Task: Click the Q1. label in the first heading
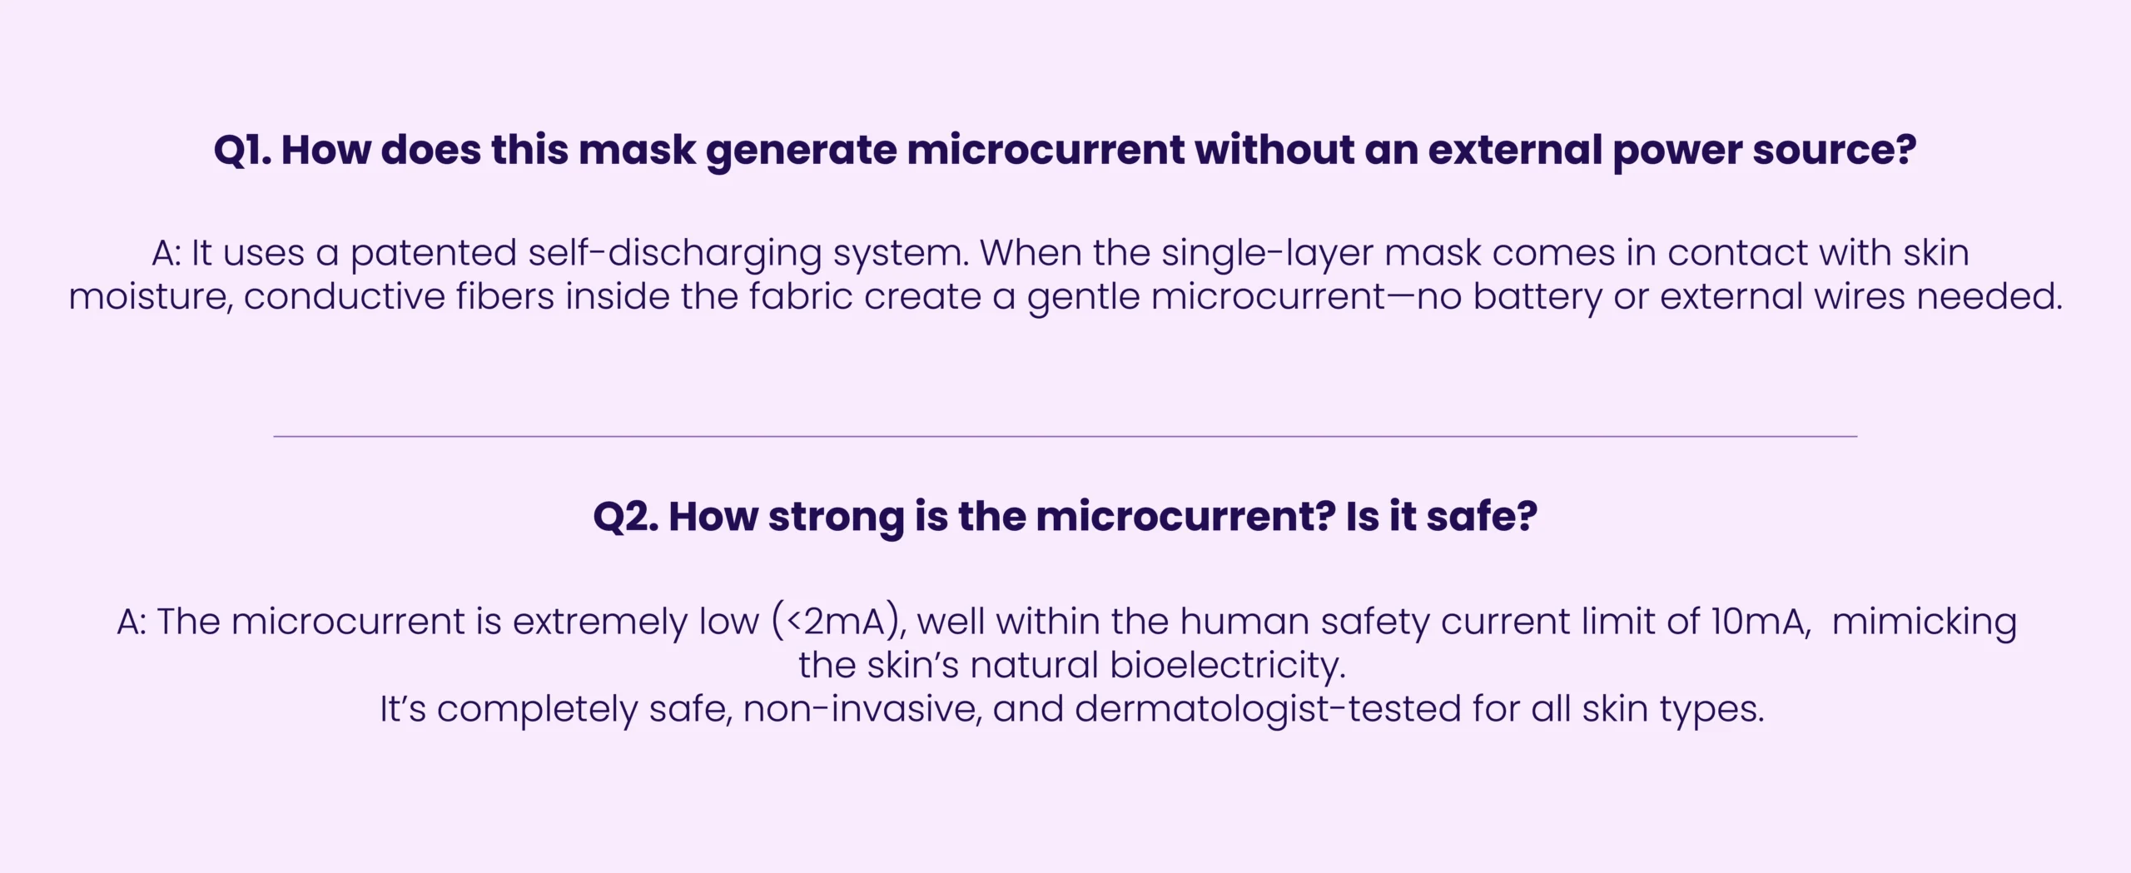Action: [x=242, y=151]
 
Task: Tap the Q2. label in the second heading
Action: [x=625, y=517]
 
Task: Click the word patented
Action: [x=433, y=254]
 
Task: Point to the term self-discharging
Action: [x=674, y=254]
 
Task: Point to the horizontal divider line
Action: [x=1065, y=436]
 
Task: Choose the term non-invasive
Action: [x=862, y=710]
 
